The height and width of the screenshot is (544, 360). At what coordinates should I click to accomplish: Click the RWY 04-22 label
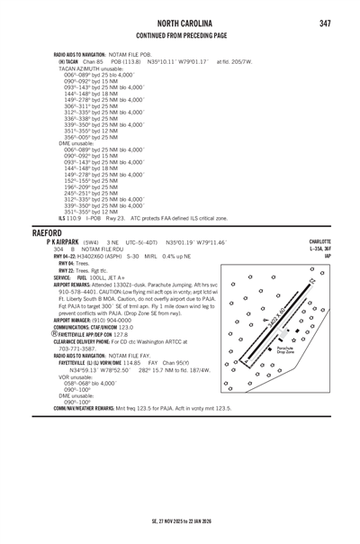tap(67, 256)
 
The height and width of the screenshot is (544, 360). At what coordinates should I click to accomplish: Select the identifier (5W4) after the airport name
tap(91, 242)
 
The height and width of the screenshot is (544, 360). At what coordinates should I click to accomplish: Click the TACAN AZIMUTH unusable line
tap(92, 68)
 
